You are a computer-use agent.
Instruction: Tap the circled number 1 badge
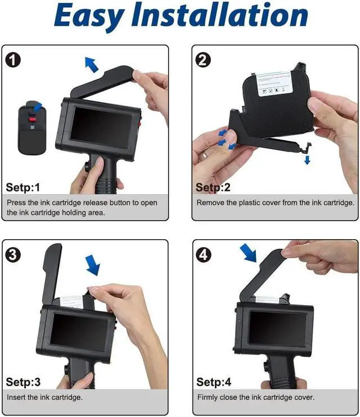pos(13,60)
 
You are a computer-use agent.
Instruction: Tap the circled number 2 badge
pos(203,60)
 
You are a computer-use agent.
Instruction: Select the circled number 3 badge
pos(13,254)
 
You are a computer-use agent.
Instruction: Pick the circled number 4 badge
pos(204,254)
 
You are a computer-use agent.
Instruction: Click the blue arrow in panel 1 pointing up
pos(91,65)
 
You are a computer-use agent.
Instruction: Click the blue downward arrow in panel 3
pos(93,265)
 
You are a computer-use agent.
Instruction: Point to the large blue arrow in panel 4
pos(248,253)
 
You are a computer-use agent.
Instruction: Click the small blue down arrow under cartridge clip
pos(307,160)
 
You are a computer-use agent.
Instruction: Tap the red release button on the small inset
pos(33,120)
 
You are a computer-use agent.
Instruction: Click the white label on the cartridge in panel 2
pos(275,83)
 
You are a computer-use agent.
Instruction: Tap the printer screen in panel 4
pos(278,329)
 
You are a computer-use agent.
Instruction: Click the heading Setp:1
pos(23,187)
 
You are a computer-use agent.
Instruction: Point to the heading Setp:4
pos(214,382)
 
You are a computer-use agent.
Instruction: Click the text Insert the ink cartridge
pos(44,397)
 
